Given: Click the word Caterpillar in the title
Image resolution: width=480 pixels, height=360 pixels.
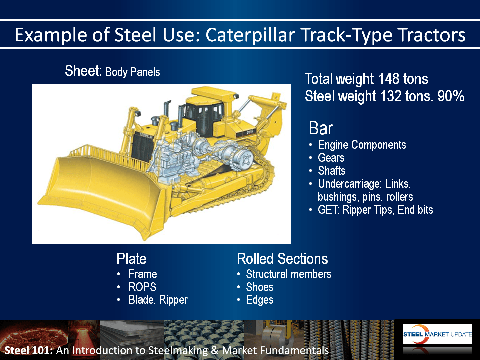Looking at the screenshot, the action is pos(250,35).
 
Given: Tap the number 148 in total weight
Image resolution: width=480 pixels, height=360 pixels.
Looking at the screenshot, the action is pos(388,79).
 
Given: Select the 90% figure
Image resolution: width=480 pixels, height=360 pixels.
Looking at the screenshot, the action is pos(451,96).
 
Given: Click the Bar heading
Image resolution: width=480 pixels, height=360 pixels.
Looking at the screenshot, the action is pos(321,128).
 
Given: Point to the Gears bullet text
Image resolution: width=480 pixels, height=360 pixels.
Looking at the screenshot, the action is pos(331,158).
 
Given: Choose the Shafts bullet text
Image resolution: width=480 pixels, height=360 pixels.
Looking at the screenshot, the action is pos(331,171).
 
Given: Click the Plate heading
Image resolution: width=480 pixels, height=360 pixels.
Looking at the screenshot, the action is pos(131,259).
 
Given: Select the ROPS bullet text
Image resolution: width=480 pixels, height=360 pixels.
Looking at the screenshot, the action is pos(142,287).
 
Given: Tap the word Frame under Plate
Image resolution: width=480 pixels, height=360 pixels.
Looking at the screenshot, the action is pos(143,274).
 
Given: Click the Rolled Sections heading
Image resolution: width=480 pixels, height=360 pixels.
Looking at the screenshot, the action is pos(282,259).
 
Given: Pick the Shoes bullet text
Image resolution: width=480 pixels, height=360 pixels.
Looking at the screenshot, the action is pos(260,287).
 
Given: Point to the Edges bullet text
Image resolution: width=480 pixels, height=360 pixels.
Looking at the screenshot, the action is pos(260,300).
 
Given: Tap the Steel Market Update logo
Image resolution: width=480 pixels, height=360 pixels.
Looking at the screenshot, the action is pos(437,334).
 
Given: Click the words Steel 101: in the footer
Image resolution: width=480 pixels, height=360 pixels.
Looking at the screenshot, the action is pos(29,350).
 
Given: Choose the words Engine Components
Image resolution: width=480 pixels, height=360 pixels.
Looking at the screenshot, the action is pos(362,145).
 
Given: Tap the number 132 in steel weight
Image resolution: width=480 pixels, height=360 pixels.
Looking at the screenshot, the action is pos(391,96).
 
